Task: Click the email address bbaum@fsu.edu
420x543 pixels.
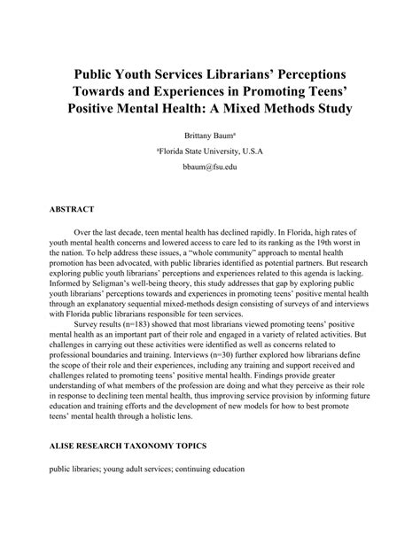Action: (x=210, y=167)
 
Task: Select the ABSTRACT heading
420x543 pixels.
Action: (x=71, y=210)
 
